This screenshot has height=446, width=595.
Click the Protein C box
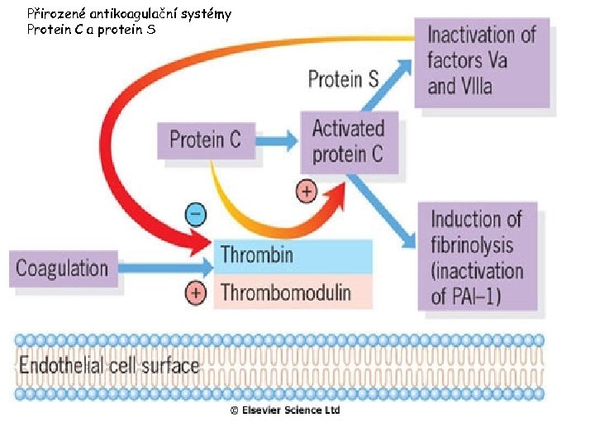pos(205,140)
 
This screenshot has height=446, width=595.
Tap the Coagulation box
pos(63,268)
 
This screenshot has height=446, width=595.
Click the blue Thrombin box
pos(293,255)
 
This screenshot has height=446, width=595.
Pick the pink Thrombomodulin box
pos(293,292)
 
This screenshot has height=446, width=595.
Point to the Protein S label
pos(343,79)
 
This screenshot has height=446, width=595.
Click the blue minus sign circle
pos(195,215)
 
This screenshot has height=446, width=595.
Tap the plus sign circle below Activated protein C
pos(306,192)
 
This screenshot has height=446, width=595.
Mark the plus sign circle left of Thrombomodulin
pos(195,293)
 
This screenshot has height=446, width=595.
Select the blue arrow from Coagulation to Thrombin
pos(165,268)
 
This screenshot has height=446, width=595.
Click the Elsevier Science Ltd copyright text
pos(285,410)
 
